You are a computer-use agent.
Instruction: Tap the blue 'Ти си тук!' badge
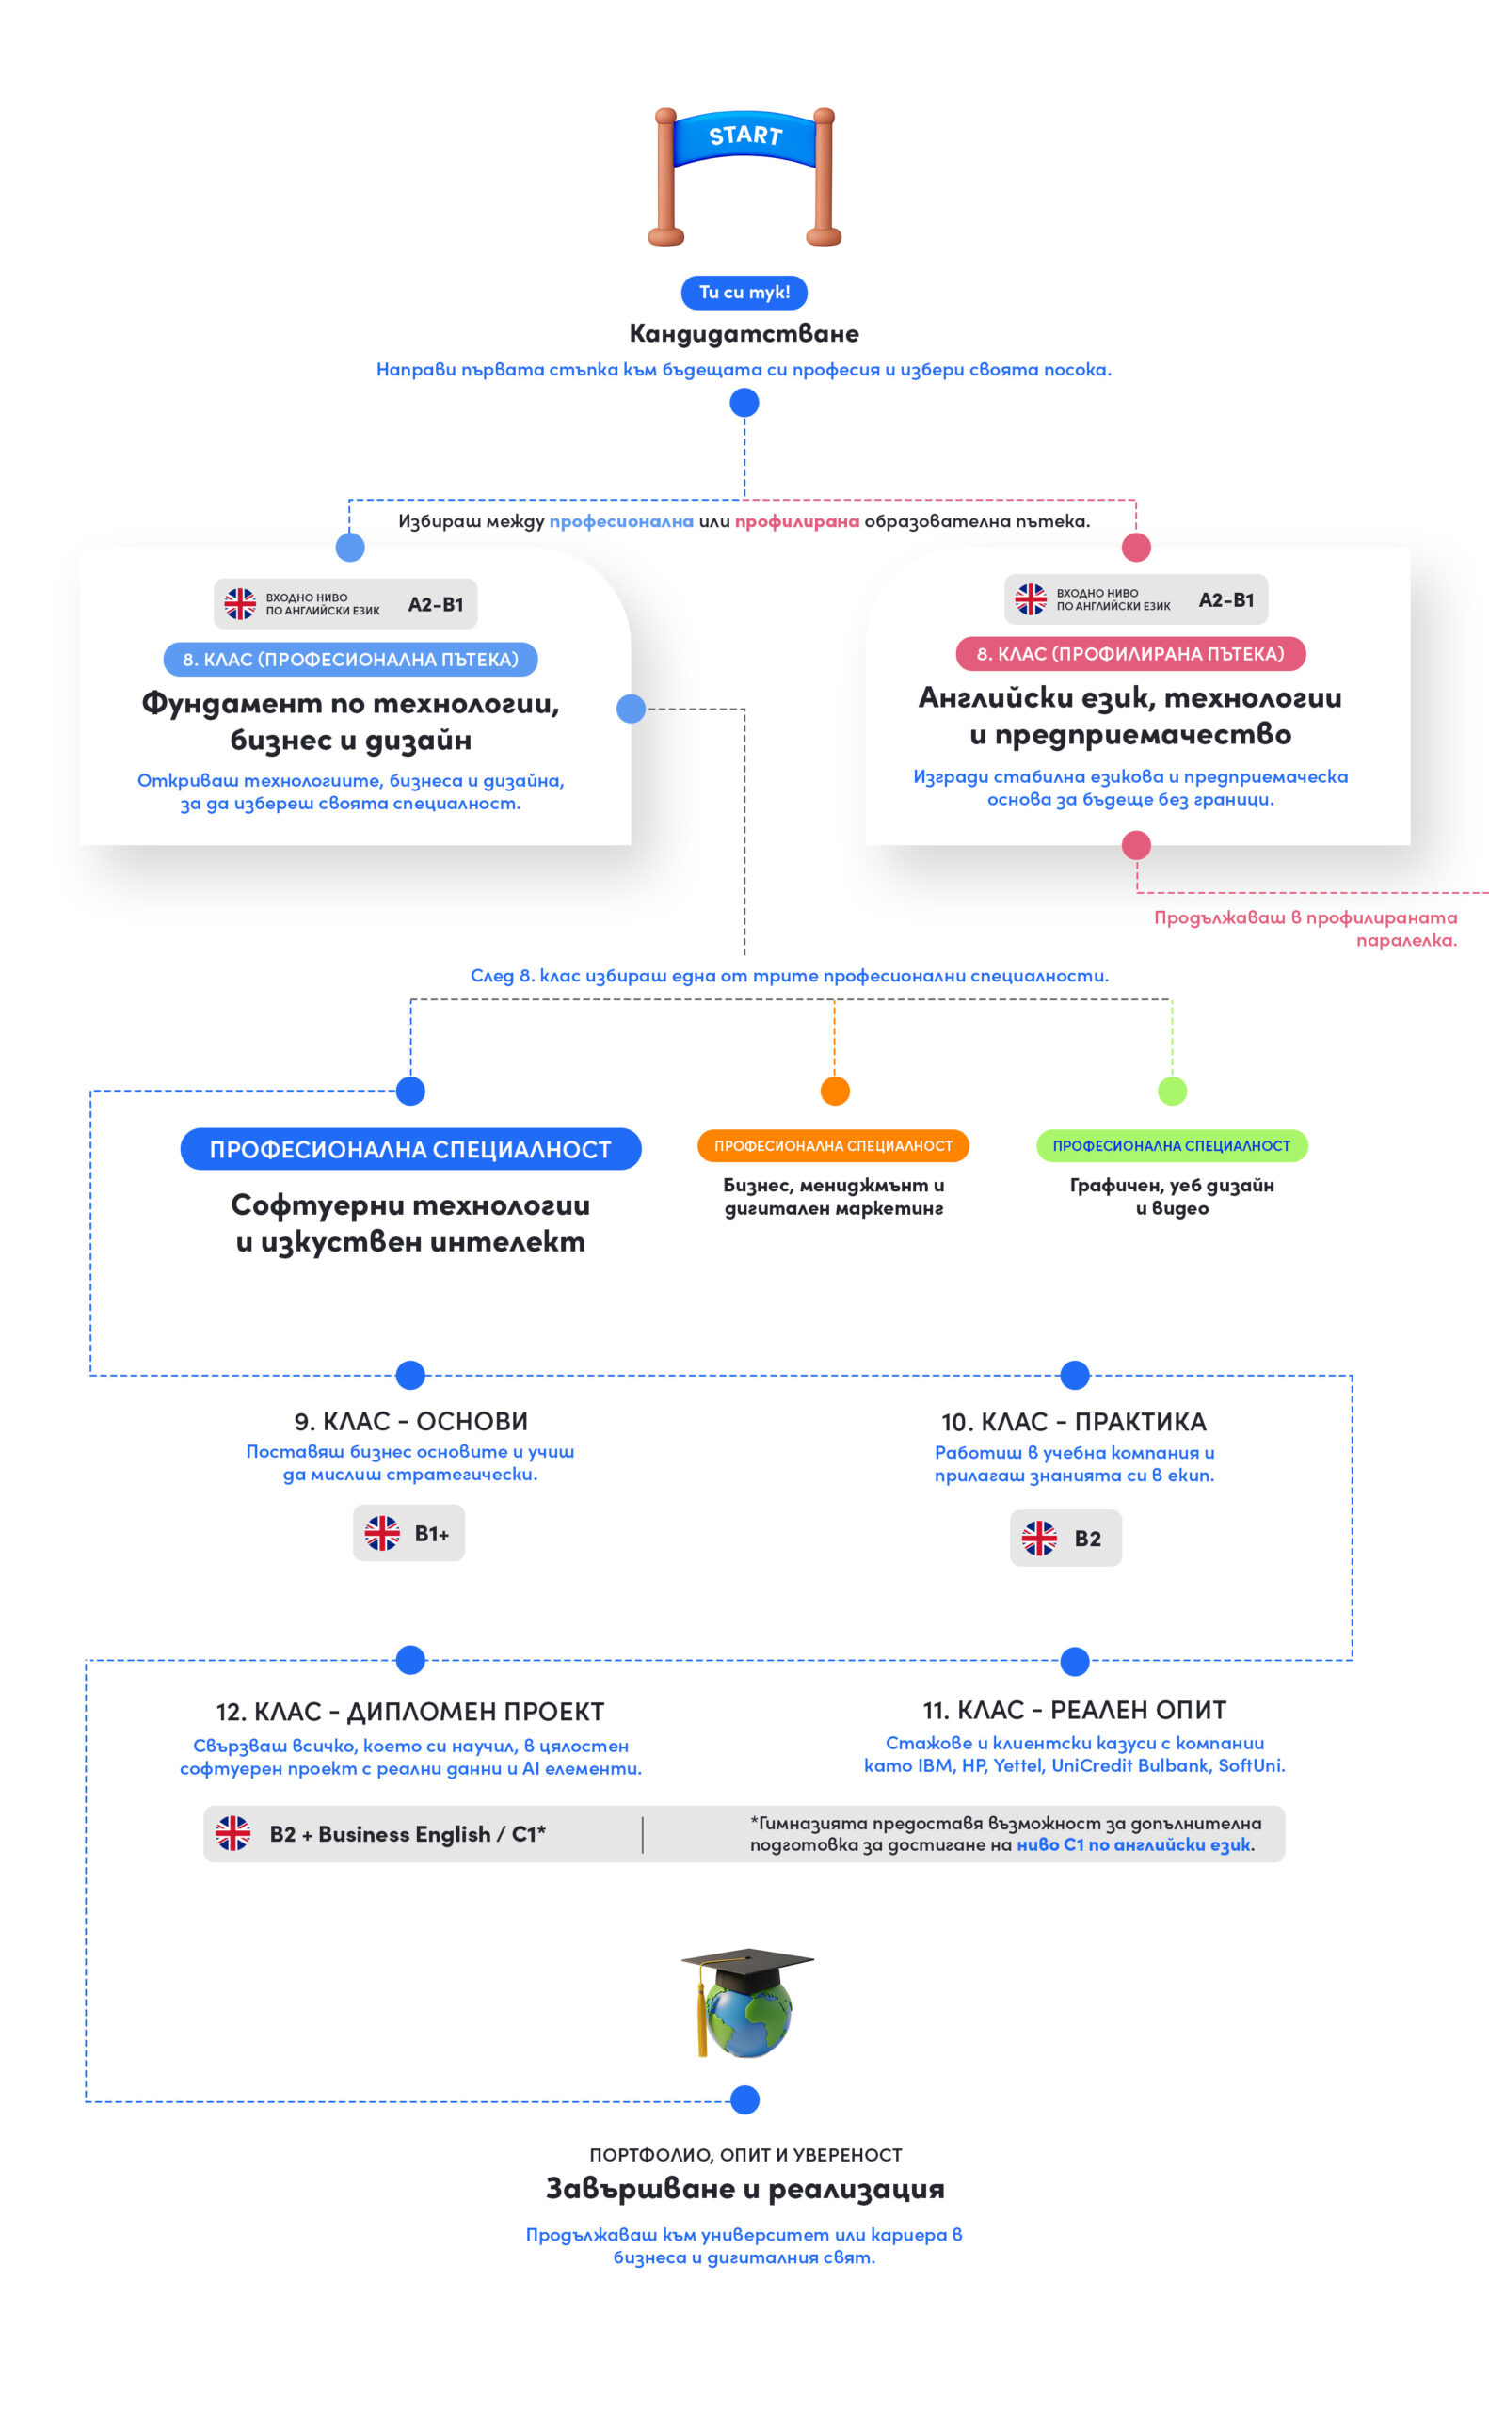click(744, 293)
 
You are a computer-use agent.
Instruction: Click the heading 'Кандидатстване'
click(744, 334)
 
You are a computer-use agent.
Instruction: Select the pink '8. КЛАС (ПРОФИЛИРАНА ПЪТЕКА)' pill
click(1130, 654)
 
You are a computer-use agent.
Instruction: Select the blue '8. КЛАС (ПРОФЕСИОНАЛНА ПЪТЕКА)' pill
click(350, 660)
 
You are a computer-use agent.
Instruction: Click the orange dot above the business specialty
click(835, 1091)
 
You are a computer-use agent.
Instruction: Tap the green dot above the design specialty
click(1172, 1091)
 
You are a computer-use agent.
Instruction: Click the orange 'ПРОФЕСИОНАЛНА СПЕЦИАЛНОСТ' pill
click(833, 1146)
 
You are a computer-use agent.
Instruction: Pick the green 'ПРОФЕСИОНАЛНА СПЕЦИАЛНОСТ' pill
click(1172, 1146)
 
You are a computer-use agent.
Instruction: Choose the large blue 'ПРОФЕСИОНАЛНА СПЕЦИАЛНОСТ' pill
click(410, 1149)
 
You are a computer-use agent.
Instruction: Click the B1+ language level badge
click(408, 1533)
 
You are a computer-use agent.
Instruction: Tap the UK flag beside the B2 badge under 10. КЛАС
click(1039, 1538)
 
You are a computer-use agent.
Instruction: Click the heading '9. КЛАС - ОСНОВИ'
click(410, 1422)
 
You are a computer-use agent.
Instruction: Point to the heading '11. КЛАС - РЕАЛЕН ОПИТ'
click(1075, 1710)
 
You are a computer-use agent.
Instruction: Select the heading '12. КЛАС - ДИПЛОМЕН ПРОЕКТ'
click(409, 1712)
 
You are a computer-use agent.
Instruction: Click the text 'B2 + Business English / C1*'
click(408, 1834)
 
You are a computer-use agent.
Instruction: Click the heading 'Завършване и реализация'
click(744, 2189)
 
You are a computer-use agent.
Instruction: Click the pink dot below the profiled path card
click(1136, 845)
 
